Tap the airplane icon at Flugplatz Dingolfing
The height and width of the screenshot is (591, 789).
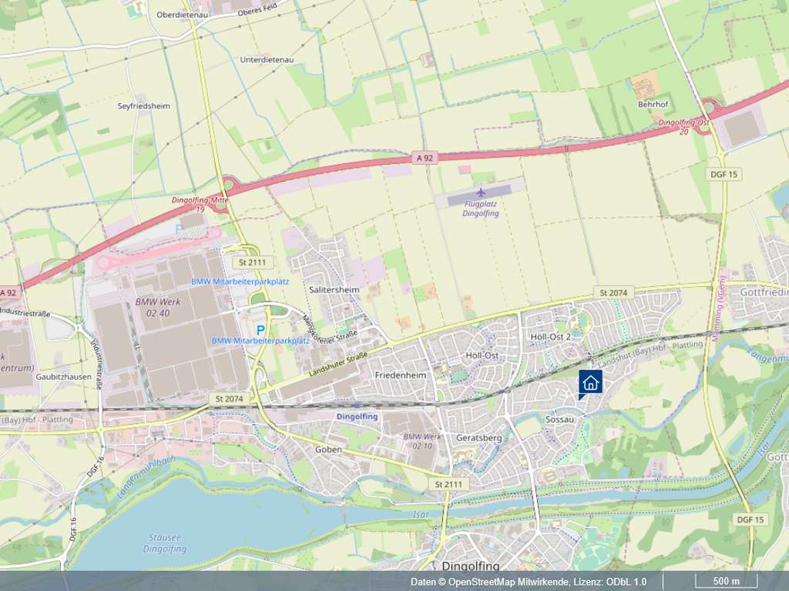tap(482, 192)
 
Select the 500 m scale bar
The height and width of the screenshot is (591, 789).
tap(726, 581)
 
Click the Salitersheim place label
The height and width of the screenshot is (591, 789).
tap(334, 289)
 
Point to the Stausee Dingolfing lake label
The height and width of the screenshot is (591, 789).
tap(164, 543)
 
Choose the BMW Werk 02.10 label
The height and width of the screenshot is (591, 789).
tap(423, 441)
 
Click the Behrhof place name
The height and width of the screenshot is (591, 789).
tap(651, 104)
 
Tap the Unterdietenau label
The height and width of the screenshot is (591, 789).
tap(267, 59)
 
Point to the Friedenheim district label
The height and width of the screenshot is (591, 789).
tap(401, 374)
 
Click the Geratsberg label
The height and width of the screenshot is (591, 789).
tap(479, 438)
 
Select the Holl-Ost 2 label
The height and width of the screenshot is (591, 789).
tap(550, 336)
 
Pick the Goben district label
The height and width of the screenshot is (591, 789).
tap(328, 449)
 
